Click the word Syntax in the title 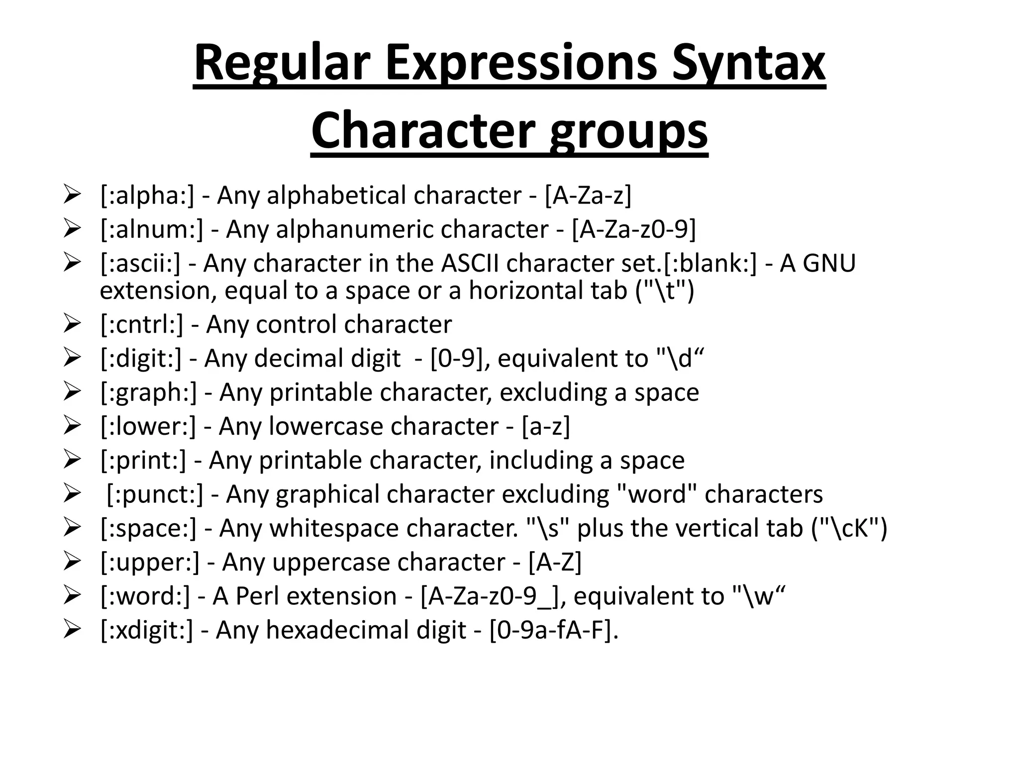tap(748, 64)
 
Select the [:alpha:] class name tap(147, 195)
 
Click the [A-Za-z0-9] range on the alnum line tap(633, 229)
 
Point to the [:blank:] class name tap(710, 263)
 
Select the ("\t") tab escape tap(665, 291)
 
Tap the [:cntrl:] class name tap(142, 325)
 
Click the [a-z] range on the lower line tap(546, 426)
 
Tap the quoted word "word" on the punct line tap(656, 494)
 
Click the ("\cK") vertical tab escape tap(849, 528)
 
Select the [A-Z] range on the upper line tap(555, 563)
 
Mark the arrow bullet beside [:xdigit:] tap(72, 630)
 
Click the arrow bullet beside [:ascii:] tap(72, 263)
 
